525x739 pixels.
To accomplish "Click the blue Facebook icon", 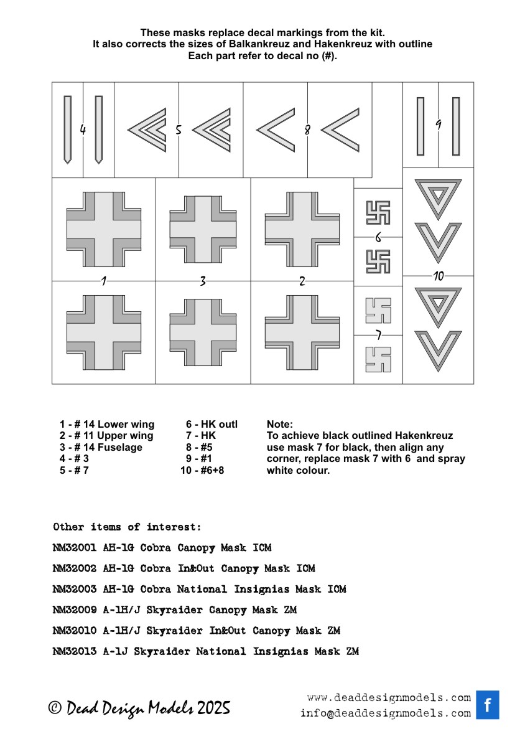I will (x=488, y=705).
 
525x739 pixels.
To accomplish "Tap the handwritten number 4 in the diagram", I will (x=83, y=129).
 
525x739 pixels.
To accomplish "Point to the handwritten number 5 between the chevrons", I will (x=178, y=130).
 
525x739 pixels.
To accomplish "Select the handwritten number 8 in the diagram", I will (x=307, y=130).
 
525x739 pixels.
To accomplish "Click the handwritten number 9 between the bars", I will (x=438, y=125).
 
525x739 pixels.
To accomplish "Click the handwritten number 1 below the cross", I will (x=104, y=281).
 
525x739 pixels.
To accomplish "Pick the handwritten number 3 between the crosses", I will (x=203, y=281).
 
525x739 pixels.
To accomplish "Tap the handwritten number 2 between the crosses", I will (x=302, y=281).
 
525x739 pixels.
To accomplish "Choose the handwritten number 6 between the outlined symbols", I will (x=378, y=237).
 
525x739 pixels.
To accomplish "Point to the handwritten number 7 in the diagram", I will (x=378, y=335).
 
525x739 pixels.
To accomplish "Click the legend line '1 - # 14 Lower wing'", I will (x=107, y=425).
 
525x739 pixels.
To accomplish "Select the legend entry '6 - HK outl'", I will (x=211, y=425).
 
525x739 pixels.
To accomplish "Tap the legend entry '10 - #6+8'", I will (x=202, y=470).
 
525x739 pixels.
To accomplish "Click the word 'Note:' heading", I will (x=279, y=425).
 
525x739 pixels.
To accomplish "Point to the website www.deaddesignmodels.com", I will (x=389, y=697).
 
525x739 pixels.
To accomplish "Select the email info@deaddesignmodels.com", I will (x=386, y=713).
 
